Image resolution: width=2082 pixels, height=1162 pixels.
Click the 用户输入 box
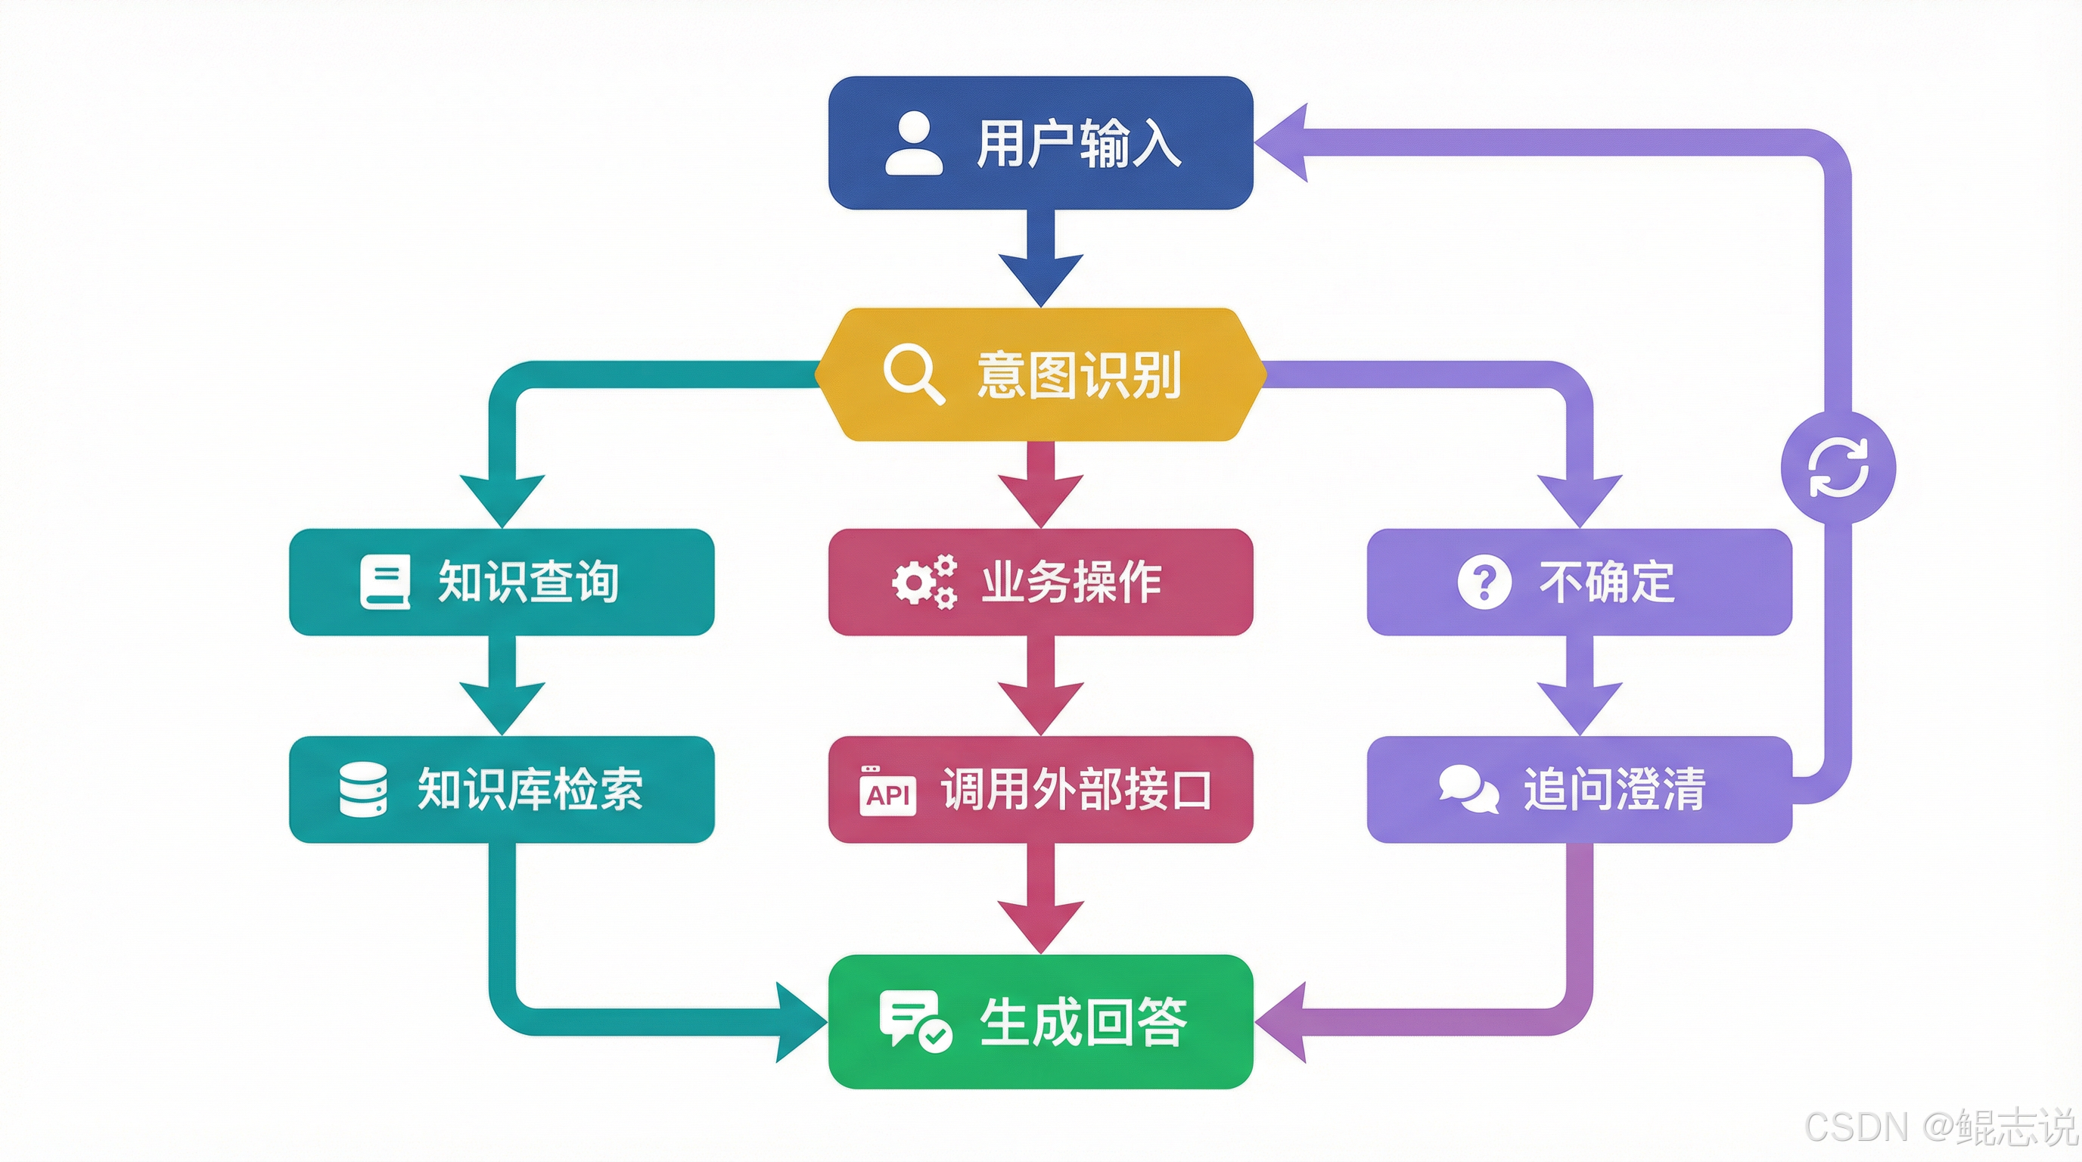coord(1041,143)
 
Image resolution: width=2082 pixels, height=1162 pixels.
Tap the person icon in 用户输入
coord(914,144)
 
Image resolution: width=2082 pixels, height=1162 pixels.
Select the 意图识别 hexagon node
coord(1041,374)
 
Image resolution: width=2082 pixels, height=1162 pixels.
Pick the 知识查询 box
coord(501,582)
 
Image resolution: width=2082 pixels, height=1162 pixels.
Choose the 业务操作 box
coord(1041,582)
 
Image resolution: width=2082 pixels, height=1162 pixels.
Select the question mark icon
coord(1484,582)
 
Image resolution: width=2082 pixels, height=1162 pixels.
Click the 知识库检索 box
coord(501,790)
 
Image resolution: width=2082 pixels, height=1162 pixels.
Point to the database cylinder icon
coord(363,790)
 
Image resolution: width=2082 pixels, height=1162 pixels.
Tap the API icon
coord(887,792)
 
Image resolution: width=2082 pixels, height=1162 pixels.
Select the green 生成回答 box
coord(1041,1021)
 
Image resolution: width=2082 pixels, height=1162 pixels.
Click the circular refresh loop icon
coord(1838,467)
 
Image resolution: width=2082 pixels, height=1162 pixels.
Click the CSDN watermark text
coord(1940,1126)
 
